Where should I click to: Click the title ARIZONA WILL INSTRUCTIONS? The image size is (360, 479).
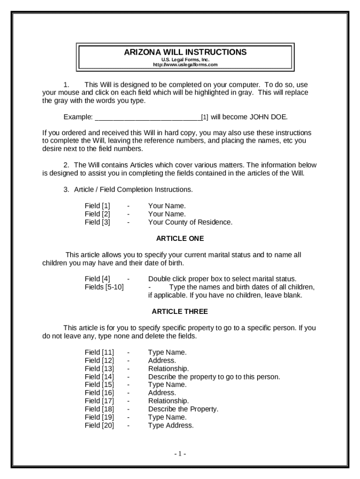185,52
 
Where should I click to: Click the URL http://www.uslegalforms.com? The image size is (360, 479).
186,65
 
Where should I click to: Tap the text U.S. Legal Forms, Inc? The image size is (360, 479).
186,59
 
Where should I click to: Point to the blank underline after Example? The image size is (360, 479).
148,117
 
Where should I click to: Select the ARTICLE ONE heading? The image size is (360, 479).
180,238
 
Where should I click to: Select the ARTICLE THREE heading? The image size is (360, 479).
180,311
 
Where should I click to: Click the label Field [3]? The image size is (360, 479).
97,222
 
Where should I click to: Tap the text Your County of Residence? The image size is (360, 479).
190,222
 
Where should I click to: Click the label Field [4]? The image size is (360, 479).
97,279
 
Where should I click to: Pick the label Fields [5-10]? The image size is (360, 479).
104,287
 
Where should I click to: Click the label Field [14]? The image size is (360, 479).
99,377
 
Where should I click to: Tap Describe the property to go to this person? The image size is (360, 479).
214,377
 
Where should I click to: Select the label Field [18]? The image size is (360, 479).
99,409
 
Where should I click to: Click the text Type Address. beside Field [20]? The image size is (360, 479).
171,425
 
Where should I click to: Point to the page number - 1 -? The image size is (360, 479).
180,454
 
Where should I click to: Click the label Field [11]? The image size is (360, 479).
99,352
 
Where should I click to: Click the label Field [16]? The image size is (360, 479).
99,393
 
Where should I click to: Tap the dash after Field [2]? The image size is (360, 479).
128,214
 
